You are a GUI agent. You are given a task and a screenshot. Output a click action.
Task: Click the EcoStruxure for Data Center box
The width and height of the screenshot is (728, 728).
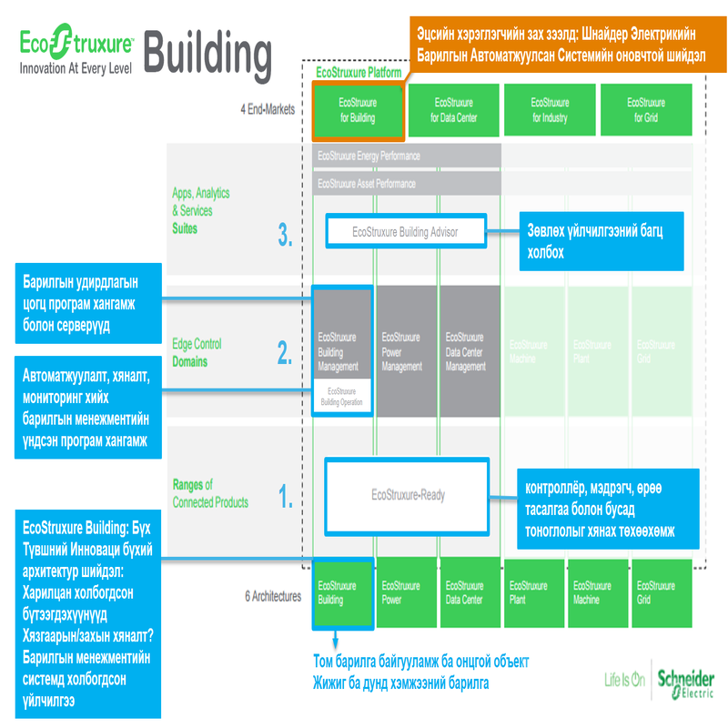453,110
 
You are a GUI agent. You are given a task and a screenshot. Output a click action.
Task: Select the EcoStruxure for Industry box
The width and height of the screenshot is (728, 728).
550,110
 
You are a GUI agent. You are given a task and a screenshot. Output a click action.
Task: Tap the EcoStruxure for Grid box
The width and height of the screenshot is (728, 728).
645,110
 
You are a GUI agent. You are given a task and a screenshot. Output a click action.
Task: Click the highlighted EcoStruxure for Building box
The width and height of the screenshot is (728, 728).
357,110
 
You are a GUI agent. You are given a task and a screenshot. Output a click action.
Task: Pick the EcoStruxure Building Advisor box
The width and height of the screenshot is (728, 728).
406,232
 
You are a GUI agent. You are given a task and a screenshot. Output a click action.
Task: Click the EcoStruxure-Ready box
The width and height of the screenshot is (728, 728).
408,495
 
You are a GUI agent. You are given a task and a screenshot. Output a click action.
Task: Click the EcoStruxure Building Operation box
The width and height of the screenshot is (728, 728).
342,396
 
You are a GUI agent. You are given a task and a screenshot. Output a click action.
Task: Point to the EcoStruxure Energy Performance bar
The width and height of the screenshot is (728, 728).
406,156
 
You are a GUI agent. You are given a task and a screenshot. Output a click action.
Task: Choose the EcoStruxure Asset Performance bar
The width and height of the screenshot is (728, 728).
406,184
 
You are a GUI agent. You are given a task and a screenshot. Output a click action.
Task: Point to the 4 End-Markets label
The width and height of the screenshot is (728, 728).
268,110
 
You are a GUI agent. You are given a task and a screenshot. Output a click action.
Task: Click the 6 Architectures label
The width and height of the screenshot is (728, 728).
272,597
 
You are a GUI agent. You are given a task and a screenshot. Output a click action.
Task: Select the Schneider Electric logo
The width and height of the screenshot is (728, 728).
685,683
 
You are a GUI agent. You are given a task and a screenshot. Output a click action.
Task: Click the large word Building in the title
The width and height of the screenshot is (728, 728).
207,56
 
